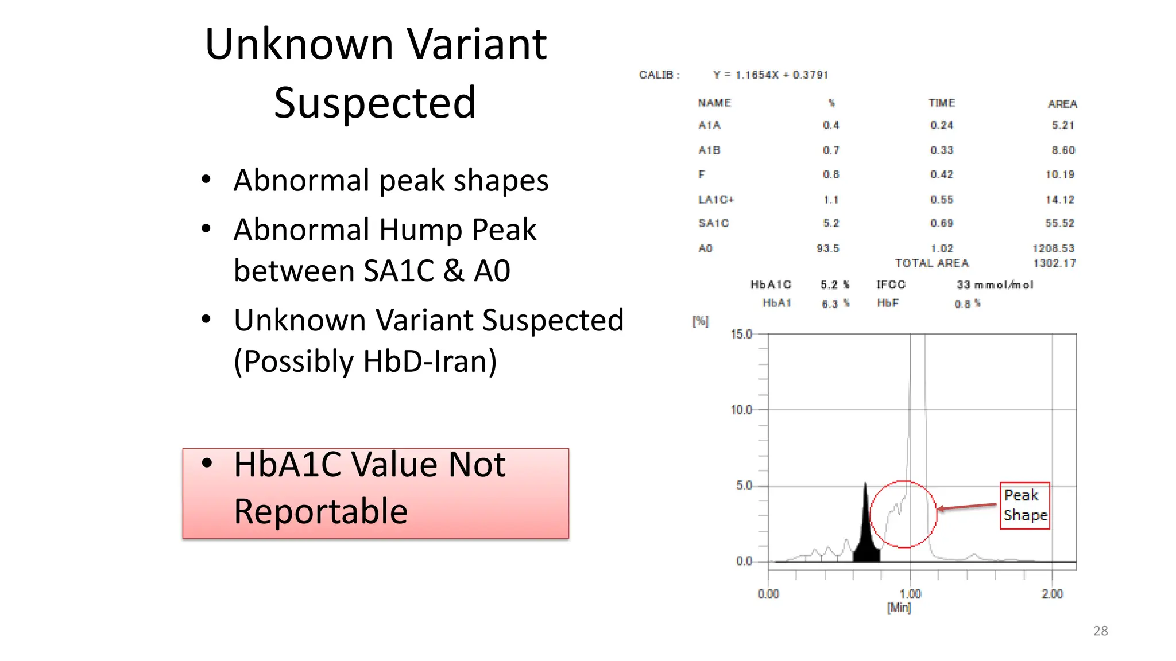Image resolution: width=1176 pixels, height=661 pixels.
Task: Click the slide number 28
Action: point(1100,631)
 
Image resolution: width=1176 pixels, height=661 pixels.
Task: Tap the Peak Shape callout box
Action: point(1025,506)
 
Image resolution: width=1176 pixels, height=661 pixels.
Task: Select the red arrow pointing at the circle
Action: point(967,507)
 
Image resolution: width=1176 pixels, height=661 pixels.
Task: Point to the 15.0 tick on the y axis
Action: point(741,335)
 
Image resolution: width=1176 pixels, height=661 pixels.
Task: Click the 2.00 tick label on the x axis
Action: point(1052,594)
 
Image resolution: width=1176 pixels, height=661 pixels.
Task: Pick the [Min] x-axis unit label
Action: point(899,608)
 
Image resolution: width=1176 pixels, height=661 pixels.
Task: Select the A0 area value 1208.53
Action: point(1053,248)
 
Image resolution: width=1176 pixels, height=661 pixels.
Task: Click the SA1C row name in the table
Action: point(714,223)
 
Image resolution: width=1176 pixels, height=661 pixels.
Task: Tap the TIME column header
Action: point(942,103)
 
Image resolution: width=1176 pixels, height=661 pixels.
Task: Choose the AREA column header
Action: point(1062,104)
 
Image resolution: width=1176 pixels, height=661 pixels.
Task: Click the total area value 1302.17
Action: point(1054,263)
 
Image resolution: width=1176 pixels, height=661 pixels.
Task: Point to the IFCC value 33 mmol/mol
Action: point(995,285)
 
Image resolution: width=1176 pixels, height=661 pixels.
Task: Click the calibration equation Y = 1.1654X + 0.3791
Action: point(771,75)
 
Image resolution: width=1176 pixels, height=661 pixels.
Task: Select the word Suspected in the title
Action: point(375,103)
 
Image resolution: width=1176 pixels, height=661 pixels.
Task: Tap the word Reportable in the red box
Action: point(320,511)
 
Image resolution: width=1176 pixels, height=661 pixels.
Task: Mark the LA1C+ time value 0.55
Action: point(942,200)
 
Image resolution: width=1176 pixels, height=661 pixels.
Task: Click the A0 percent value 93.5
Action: point(827,248)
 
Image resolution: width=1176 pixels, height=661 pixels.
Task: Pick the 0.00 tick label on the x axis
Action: point(768,594)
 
